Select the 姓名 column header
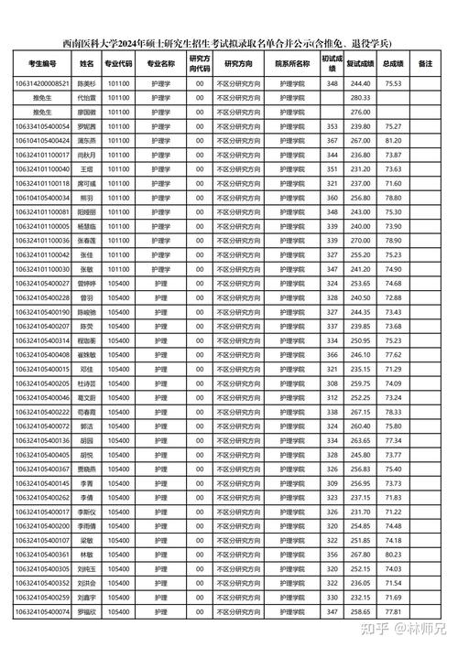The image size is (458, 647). tap(87, 64)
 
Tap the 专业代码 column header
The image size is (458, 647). tap(119, 64)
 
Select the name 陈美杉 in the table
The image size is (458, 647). tap(87, 83)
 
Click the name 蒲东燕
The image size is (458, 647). tap(87, 140)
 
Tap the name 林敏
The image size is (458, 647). tap(87, 554)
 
